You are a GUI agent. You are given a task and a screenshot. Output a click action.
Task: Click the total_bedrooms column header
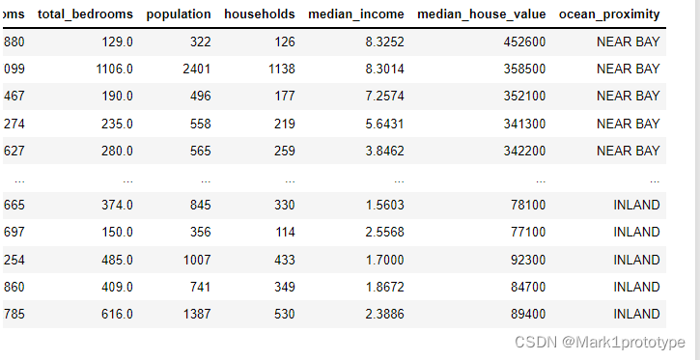click(x=85, y=14)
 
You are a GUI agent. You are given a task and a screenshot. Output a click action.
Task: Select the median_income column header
click(x=356, y=14)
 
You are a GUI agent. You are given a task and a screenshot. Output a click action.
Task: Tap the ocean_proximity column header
click(x=609, y=14)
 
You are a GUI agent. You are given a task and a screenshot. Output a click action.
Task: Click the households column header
click(x=260, y=14)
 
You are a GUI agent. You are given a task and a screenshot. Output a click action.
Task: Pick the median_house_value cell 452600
click(x=524, y=42)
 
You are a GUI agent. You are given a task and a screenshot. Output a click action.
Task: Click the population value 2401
click(x=196, y=69)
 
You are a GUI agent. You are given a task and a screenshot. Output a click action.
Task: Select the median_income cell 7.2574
click(x=384, y=97)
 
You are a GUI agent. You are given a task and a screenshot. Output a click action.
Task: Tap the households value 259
click(x=285, y=151)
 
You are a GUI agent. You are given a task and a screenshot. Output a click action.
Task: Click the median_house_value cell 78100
click(x=528, y=206)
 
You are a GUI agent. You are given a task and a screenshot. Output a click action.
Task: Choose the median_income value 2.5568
click(x=384, y=233)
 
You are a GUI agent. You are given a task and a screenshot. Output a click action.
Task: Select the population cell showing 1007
click(x=197, y=260)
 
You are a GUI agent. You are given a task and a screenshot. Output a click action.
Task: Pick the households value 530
click(x=285, y=314)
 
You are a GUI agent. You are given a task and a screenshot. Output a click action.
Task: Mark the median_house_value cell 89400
click(x=528, y=314)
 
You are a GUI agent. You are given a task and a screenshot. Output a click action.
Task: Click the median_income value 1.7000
click(x=384, y=260)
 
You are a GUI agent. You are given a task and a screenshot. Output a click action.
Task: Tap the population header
click(x=179, y=14)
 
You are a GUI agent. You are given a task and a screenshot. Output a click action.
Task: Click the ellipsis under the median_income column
click(x=399, y=181)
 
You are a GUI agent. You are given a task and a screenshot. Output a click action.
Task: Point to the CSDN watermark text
click(x=600, y=343)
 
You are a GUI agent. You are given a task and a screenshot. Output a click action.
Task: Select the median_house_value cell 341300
click(x=524, y=124)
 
